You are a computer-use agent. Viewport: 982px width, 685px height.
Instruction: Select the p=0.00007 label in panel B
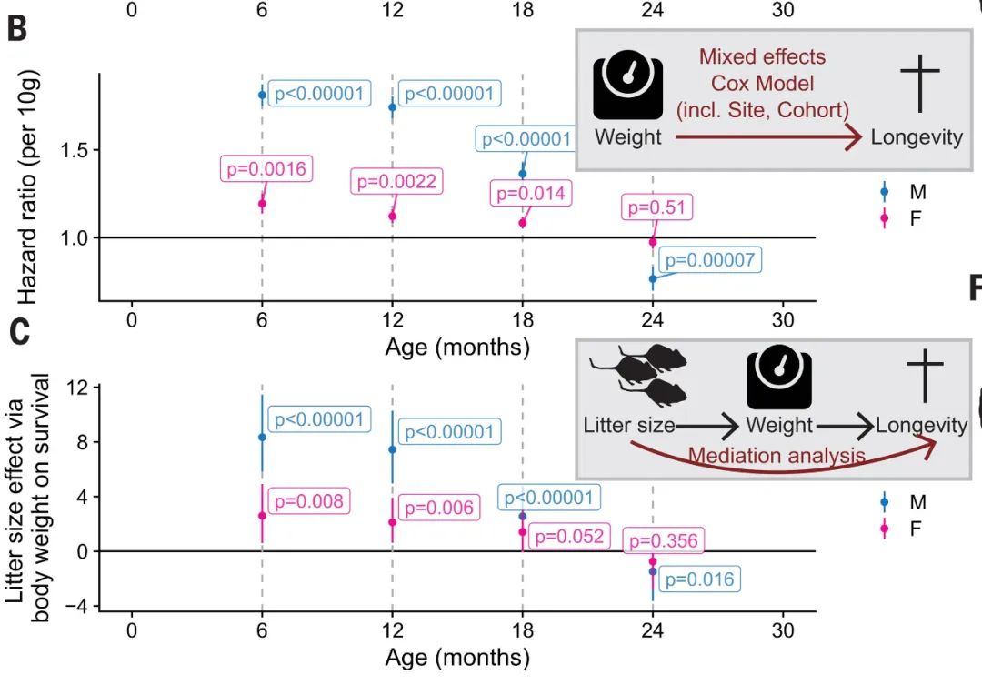tap(708, 260)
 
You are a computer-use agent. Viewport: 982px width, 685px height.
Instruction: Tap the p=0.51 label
tap(657, 207)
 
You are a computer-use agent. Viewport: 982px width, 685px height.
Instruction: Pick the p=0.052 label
tap(569, 537)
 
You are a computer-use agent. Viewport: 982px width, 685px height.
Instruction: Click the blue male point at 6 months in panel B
tap(262, 95)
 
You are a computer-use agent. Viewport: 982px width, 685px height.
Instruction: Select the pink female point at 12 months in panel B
tap(392, 217)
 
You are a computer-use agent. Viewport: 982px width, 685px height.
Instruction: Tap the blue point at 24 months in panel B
tap(652, 278)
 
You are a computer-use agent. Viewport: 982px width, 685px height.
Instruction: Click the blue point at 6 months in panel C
tap(262, 437)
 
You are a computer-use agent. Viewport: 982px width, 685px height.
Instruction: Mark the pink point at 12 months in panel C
tap(392, 522)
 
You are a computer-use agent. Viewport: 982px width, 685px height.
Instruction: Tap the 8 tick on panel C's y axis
tap(82, 442)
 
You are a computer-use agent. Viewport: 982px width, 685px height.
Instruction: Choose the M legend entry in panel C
tap(917, 501)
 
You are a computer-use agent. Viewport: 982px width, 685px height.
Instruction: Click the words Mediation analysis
tap(777, 455)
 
